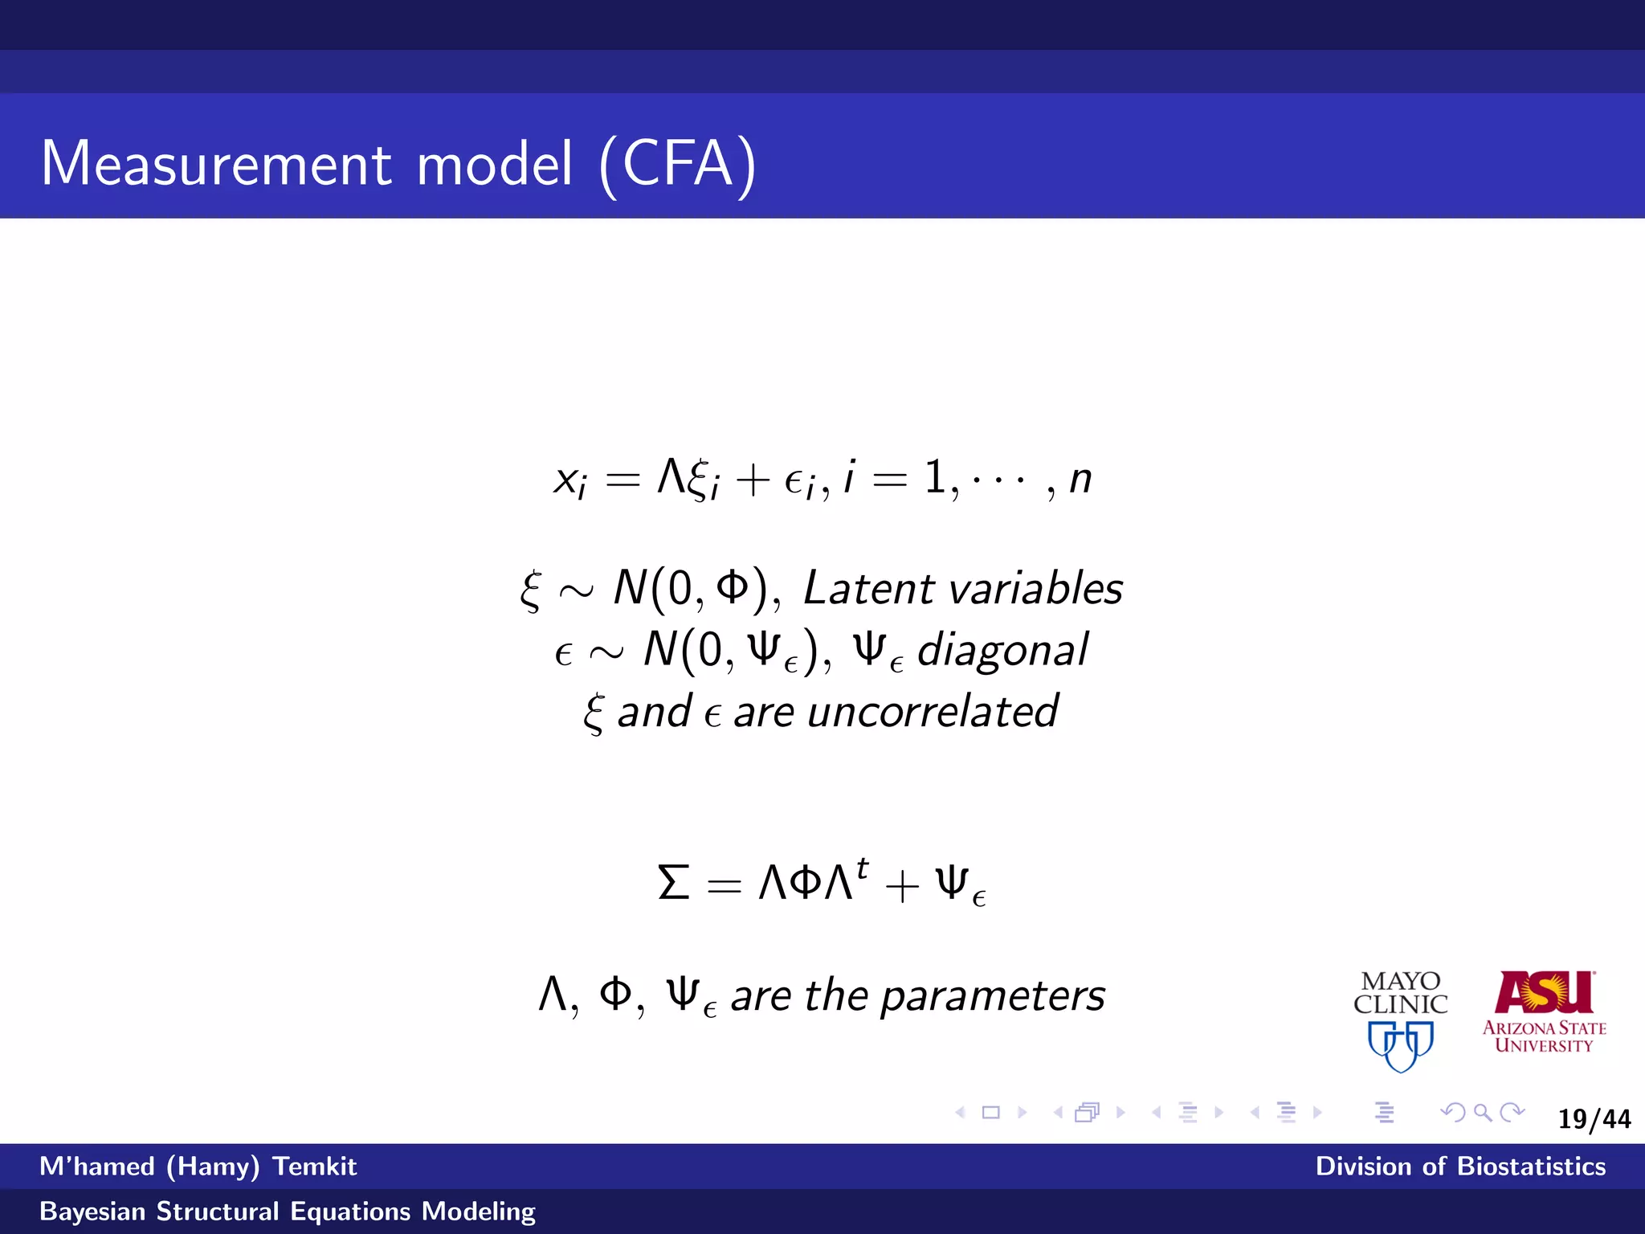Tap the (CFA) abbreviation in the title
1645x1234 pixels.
pos(678,165)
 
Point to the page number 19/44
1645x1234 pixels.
pos(1594,1118)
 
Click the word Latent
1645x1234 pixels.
pos(867,588)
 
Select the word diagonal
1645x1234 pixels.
pos(1002,649)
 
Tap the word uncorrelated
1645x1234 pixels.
pos(932,712)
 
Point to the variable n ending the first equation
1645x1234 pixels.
pos(1080,480)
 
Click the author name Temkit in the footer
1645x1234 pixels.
pos(314,1166)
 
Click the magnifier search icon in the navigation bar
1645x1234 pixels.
pos(1483,1113)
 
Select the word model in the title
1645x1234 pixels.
pos(495,163)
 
